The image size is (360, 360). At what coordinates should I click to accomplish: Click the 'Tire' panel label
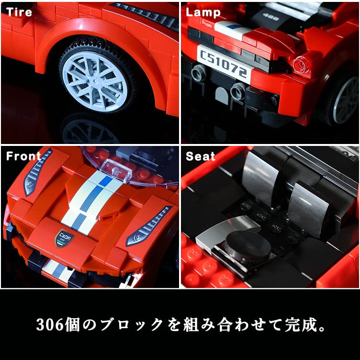(19, 12)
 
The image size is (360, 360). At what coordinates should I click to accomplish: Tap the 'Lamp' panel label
(203, 12)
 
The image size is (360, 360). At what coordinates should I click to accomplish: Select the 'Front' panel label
(23, 156)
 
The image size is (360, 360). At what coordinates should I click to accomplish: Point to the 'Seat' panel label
(201, 156)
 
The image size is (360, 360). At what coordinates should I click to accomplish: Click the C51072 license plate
(224, 62)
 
